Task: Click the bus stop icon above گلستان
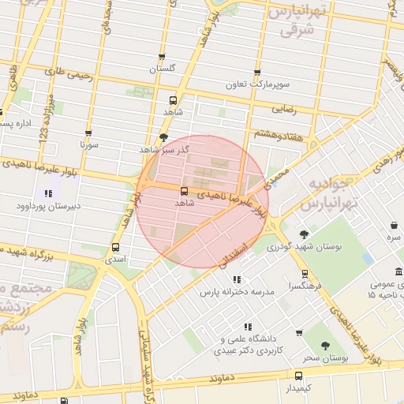click(162, 57)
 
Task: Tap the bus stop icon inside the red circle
click(184, 191)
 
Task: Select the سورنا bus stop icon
click(88, 133)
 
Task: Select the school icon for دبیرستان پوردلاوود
click(48, 193)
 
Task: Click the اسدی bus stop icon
click(116, 246)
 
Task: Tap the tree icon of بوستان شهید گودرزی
click(304, 234)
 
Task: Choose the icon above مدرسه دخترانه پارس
click(235, 279)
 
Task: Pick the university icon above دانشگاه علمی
click(248, 326)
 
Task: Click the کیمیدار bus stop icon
click(298, 376)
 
